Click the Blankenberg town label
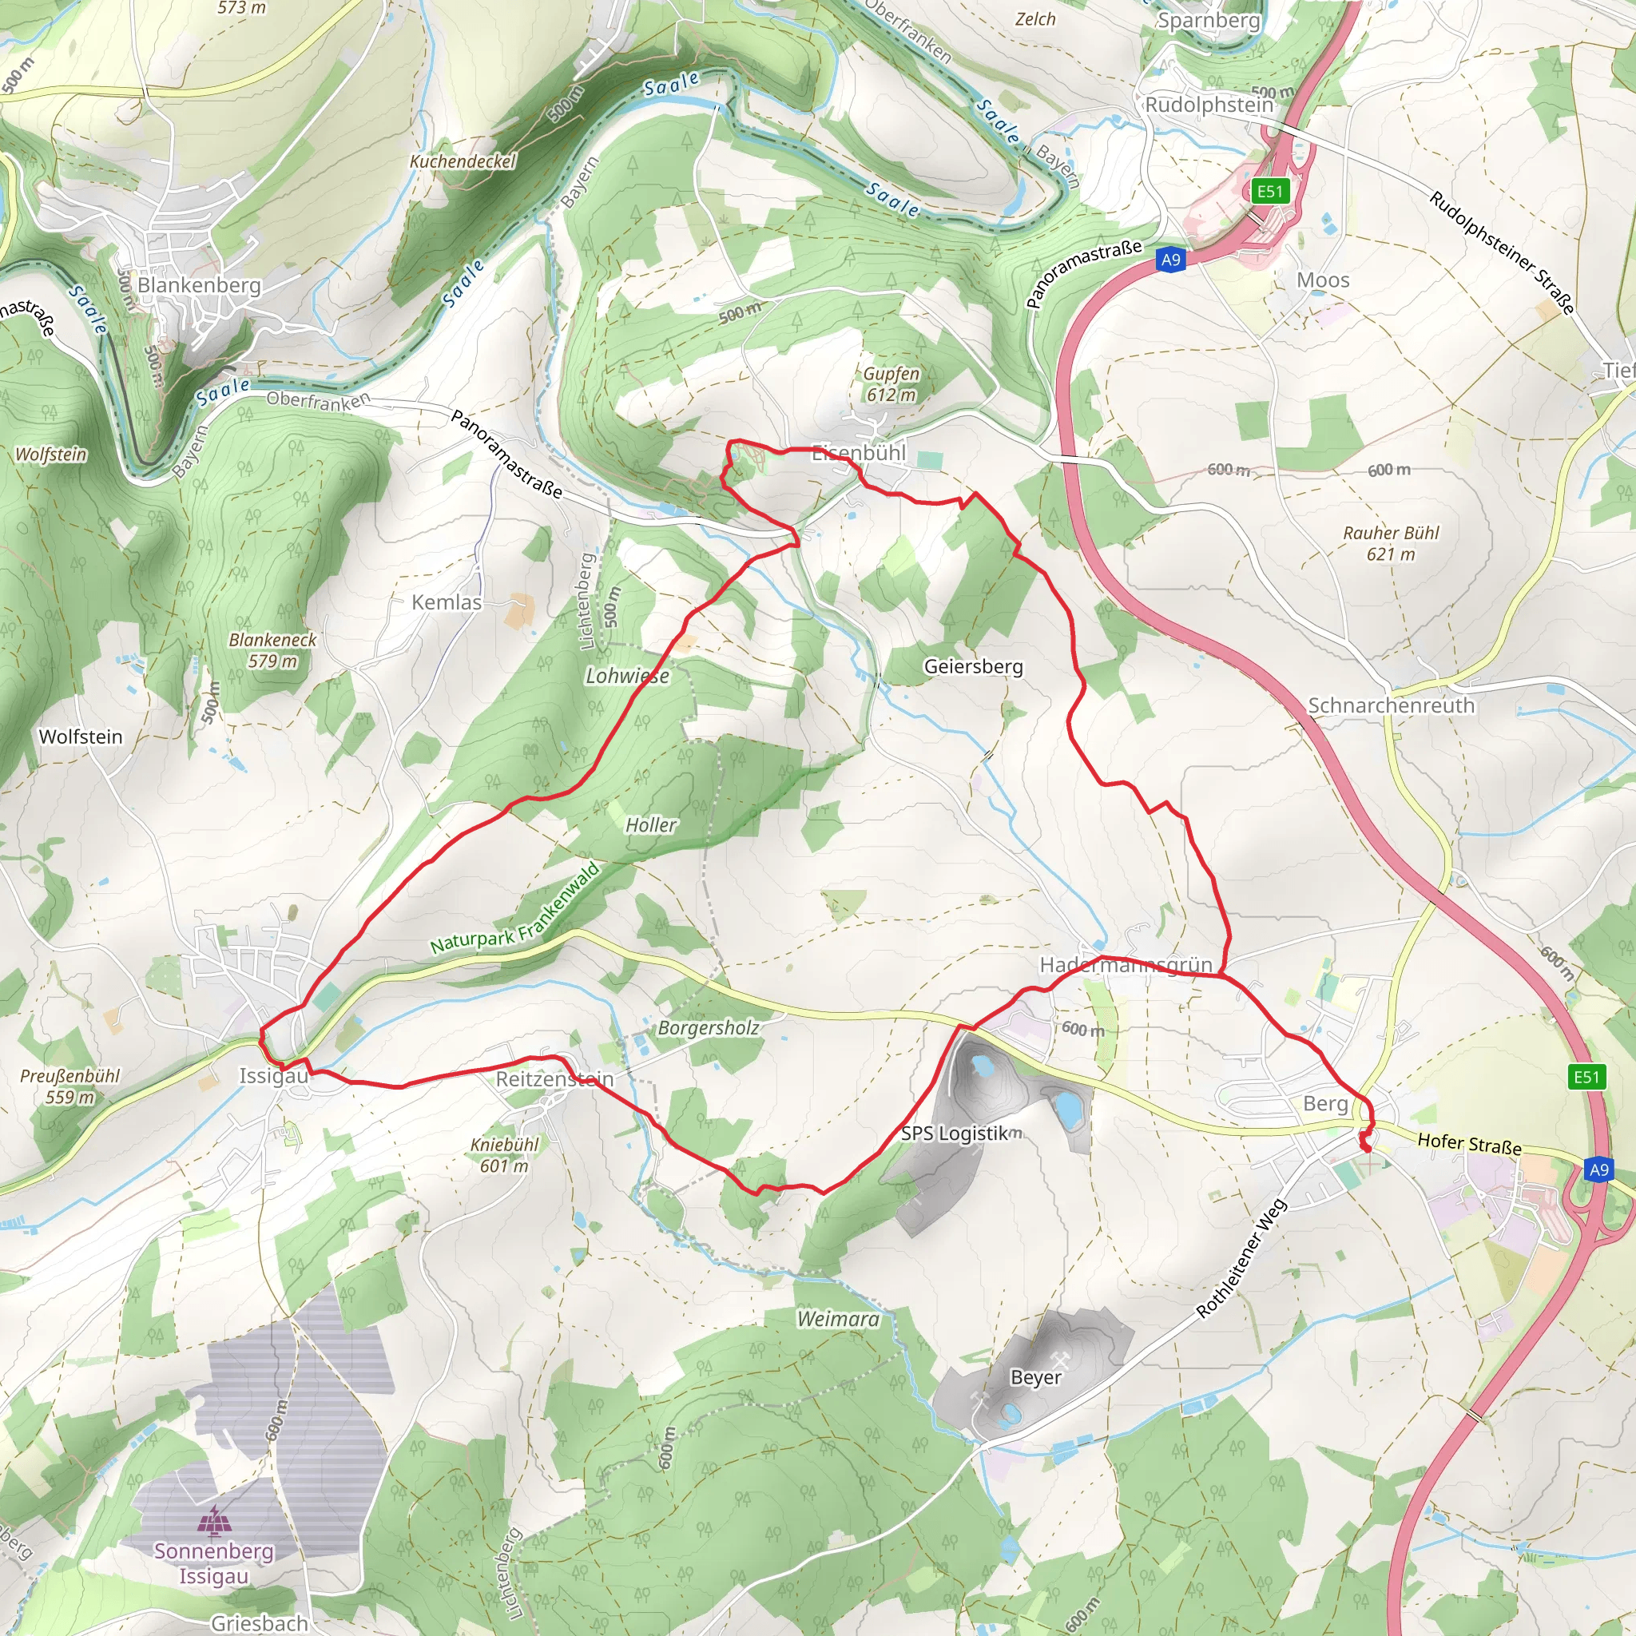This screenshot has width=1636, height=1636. click(199, 285)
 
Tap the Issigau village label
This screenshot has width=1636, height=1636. click(272, 1075)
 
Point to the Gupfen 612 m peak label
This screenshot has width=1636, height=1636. click(891, 383)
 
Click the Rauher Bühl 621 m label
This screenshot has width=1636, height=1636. click(1391, 542)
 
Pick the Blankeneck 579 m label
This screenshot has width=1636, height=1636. click(272, 649)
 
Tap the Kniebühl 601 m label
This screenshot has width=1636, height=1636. click(504, 1154)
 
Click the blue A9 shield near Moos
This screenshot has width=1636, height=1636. click(1170, 260)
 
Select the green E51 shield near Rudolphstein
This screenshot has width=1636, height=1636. click(1269, 192)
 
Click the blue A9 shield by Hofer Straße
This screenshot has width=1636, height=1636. click(1598, 1169)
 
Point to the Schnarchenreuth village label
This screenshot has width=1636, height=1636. click(1391, 705)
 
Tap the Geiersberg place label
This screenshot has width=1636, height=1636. click(973, 666)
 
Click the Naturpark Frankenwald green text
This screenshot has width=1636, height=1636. click(515, 908)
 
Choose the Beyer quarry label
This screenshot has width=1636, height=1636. click(1034, 1377)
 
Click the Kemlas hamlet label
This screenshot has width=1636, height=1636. click(447, 602)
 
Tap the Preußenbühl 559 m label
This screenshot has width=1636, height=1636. click(69, 1086)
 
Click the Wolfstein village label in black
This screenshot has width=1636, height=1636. click(81, 737)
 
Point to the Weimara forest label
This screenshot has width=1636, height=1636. click(837, 1318)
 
